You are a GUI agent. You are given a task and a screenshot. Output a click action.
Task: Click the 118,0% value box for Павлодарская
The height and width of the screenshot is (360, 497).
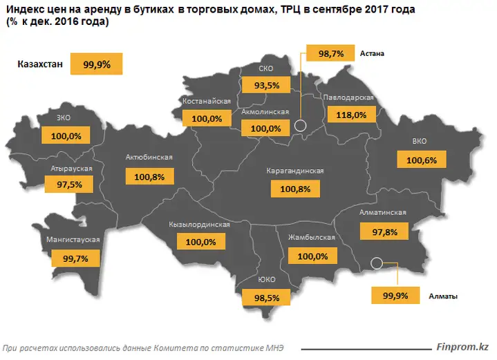352,115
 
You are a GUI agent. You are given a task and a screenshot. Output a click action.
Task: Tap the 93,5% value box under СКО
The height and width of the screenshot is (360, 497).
266,86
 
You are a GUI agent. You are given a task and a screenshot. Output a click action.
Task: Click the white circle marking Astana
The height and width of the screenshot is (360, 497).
300,126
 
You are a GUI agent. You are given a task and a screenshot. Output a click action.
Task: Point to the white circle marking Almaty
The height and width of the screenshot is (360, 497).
377,263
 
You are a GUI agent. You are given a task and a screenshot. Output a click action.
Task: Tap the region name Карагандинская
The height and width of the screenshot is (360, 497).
295,171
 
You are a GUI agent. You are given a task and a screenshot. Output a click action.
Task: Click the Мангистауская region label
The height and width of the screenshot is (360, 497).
73,240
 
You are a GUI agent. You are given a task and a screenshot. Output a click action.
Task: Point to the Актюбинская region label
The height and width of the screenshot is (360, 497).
149,158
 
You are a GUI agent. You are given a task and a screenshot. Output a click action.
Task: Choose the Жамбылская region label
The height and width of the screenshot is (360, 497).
312,238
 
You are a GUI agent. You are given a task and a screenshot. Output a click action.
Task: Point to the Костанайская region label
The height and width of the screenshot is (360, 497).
206,101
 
